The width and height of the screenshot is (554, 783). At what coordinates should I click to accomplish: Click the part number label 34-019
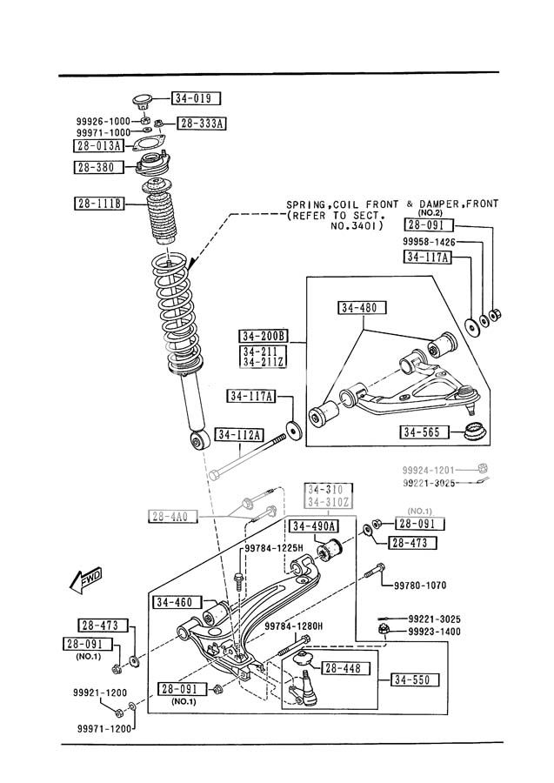tap(196, 98)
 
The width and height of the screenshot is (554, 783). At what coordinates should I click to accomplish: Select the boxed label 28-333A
tap(201, 124)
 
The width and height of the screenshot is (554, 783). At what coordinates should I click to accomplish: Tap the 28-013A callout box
tap(98, 145)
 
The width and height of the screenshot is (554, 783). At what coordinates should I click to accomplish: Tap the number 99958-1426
tap(429, 241)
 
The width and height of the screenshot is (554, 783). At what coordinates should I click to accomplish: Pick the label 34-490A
tap(315, 526)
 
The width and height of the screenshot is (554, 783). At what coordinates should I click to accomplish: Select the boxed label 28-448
tap(347, 668)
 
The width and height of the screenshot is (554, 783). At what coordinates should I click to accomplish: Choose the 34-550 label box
tap(415, 679)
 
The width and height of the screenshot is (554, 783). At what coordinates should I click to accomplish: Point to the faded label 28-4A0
tap(173, 517)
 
